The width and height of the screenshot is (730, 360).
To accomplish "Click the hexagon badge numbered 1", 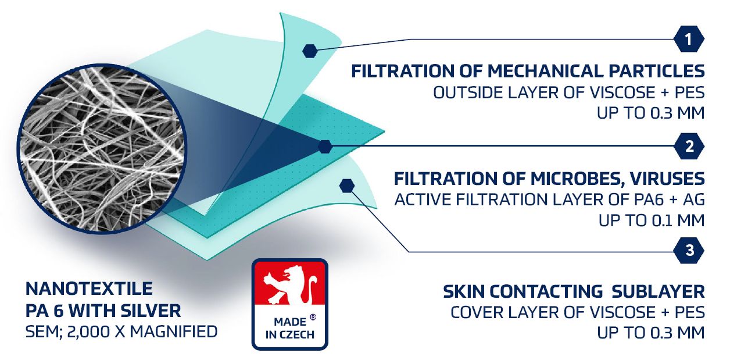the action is [689, 39].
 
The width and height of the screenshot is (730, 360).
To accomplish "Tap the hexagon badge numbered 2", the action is [689, 146].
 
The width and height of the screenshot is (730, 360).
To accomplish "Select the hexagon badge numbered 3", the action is [689, 251].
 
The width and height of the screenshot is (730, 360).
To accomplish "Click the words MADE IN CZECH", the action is [290, 328].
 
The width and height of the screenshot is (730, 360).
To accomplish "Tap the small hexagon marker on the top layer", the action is [310, 51].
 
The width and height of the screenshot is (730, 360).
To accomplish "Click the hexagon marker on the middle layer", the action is [325, 147].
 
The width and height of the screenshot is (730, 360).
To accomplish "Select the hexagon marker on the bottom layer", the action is [347, 186].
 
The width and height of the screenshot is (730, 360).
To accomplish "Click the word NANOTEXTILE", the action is [89, 288].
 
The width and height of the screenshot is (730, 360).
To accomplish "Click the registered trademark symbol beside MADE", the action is [313, 317].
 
